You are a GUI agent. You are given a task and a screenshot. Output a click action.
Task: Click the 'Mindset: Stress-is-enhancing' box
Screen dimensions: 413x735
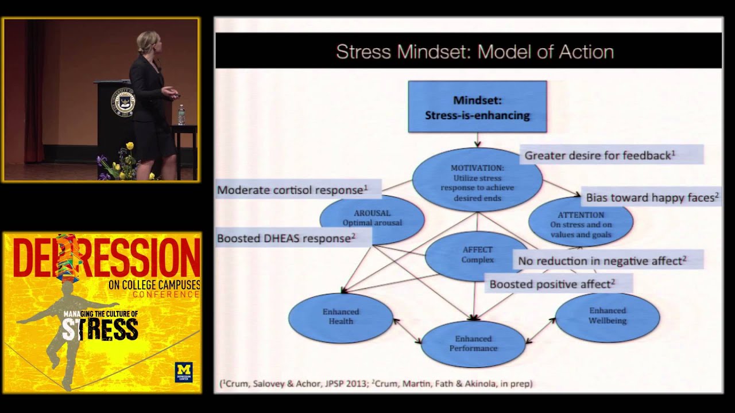(477, 107)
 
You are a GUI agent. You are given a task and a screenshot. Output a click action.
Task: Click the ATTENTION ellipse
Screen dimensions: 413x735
(581, 224)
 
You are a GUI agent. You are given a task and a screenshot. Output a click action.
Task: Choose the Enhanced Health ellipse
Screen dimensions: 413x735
(341, 317)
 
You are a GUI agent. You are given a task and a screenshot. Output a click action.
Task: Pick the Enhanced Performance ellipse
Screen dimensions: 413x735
(473, 344)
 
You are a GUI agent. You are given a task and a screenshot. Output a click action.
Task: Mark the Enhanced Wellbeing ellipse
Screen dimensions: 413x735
(607, 316)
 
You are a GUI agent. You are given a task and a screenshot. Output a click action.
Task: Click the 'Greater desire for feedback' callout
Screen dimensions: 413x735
(611, 155)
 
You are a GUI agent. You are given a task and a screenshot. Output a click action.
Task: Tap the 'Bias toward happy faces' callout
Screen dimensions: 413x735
(652, 197)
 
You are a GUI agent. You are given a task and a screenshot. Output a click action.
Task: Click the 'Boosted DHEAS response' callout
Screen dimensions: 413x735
(293, 238)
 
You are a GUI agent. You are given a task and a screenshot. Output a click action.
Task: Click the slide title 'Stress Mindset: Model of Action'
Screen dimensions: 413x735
(475, 52)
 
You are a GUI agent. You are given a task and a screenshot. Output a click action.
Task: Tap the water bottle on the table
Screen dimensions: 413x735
(181, 115)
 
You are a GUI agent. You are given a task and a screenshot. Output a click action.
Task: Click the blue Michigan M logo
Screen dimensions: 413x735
(184, 372)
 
